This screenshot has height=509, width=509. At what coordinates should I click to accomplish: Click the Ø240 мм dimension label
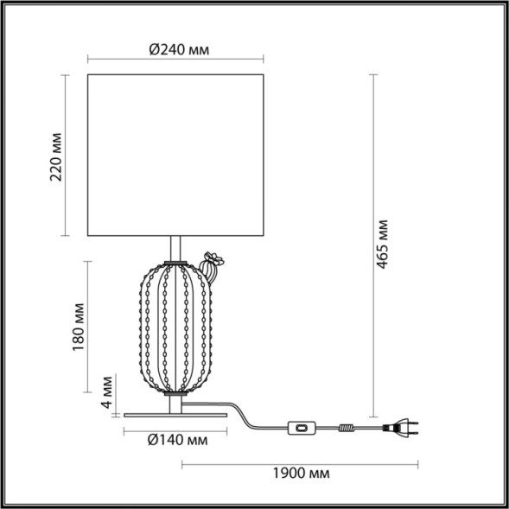tap(177, 50)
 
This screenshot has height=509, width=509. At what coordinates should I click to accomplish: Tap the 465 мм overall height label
tap(384, 245)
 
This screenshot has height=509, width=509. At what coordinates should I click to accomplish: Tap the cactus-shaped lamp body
tap(177, 328)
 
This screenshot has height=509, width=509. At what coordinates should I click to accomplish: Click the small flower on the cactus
tap(212, 258)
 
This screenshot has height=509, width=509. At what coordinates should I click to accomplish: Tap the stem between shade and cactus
tap(177, 247)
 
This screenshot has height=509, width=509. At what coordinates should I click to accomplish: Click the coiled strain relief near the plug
tap(348, 426)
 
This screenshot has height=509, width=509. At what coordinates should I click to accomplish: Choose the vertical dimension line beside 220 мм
tap(67, 156)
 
